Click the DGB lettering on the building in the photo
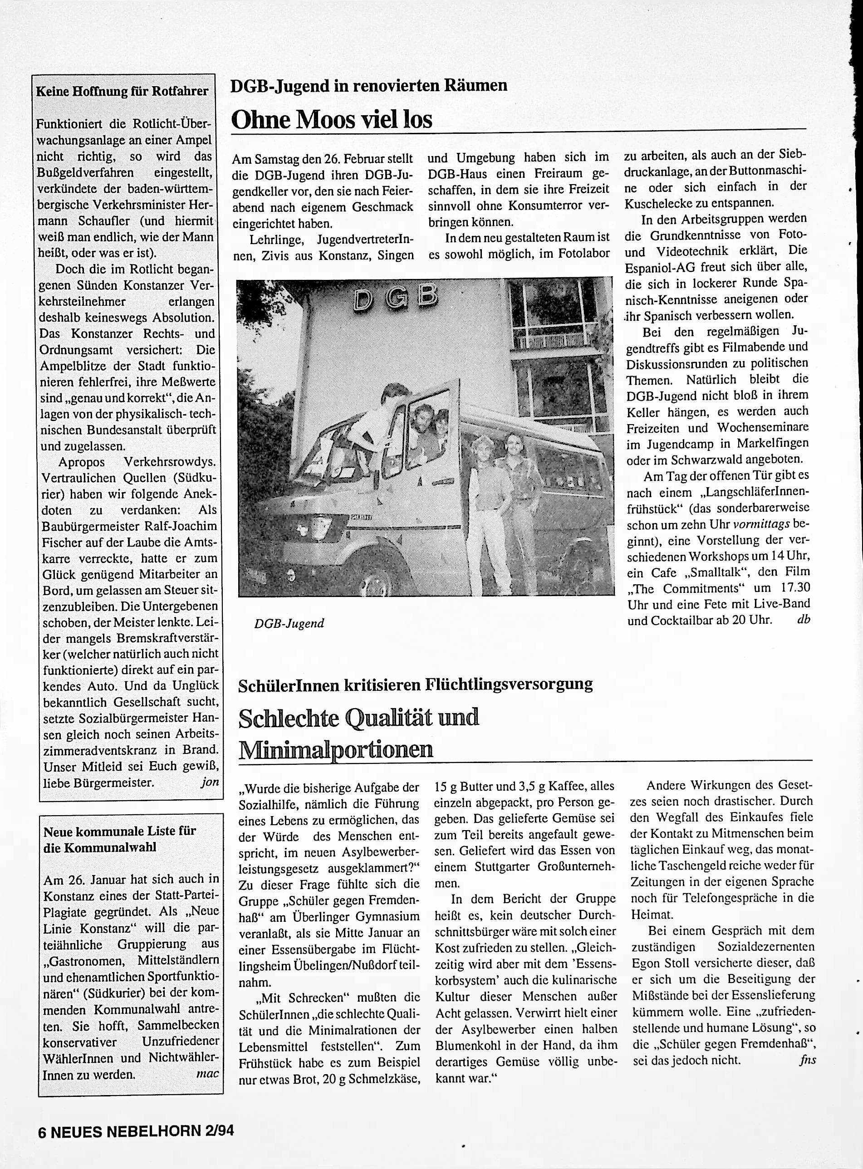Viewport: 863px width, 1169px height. (x=396, y=298)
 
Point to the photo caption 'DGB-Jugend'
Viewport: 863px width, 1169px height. (x=289, y=623)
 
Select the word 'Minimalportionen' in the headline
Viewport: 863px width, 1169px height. (x=335, y=749)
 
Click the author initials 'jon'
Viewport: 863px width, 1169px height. (x=210, y=783)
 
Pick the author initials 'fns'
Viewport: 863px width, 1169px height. (x=807, y=1045)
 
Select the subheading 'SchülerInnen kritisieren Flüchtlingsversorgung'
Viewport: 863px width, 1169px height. (x=415, y=685)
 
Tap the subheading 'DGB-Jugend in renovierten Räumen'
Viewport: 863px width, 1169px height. (x=369, y=85)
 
